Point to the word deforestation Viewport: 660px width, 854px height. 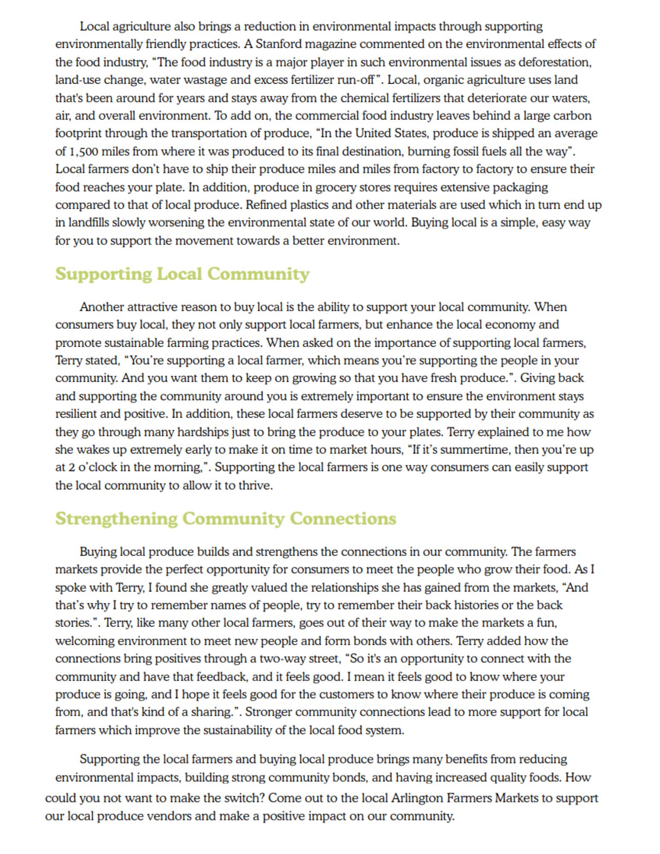[555, 62]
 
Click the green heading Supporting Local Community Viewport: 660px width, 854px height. [182, 274]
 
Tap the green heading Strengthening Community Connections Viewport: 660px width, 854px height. [226, 518]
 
